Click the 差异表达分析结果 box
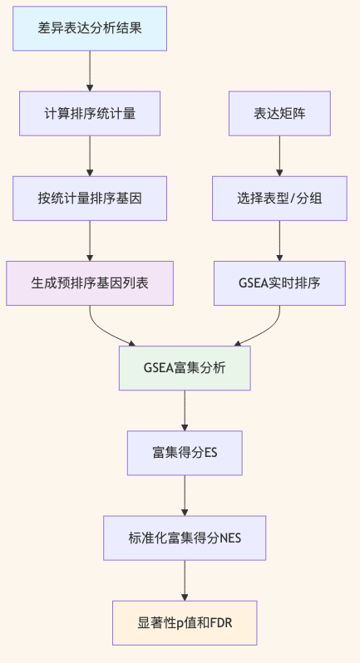tap(89, 27)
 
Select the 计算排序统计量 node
tap(89, 112)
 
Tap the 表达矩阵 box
tap(279, 112)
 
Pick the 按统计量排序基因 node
tap(89, 198)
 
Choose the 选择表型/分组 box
tap(279, 198)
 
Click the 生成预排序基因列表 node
tap(89, 282)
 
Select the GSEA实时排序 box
tap(279, 282)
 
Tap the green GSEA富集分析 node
tap(185, 367)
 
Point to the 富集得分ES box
tap(185, 452)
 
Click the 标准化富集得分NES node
tap(185, 537)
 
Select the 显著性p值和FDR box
tap(185, 621)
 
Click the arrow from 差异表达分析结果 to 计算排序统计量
tap(89, 70)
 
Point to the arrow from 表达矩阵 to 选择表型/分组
tap(279, 155)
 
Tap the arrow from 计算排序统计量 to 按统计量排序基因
tap(89, 155)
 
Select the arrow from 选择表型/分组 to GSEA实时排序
tap(279, 240)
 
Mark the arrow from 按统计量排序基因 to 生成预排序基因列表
tap(89, 240)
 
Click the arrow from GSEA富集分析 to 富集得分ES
tap(185, 410)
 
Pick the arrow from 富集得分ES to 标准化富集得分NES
tap(185, 494)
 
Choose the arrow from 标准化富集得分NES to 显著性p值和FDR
tap(185, 579)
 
